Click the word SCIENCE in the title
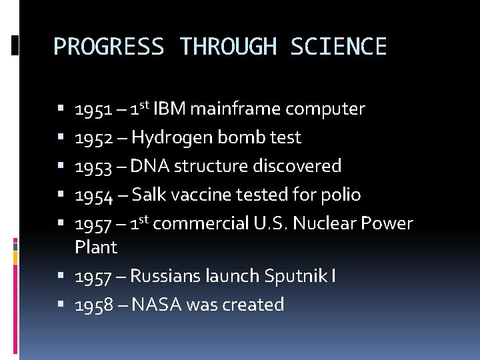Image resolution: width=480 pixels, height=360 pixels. pyautogui.click(x=339, y=47)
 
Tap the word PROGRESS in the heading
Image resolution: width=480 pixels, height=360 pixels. pyautogui.click(x=108, y=47)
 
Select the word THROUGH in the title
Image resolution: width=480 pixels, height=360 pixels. pyautogui.click(x=227, y=47)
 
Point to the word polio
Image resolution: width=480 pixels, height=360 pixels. pyautogui.click(x=341, y=195)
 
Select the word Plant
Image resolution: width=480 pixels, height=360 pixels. pyautogui.click(x=96, y=247)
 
